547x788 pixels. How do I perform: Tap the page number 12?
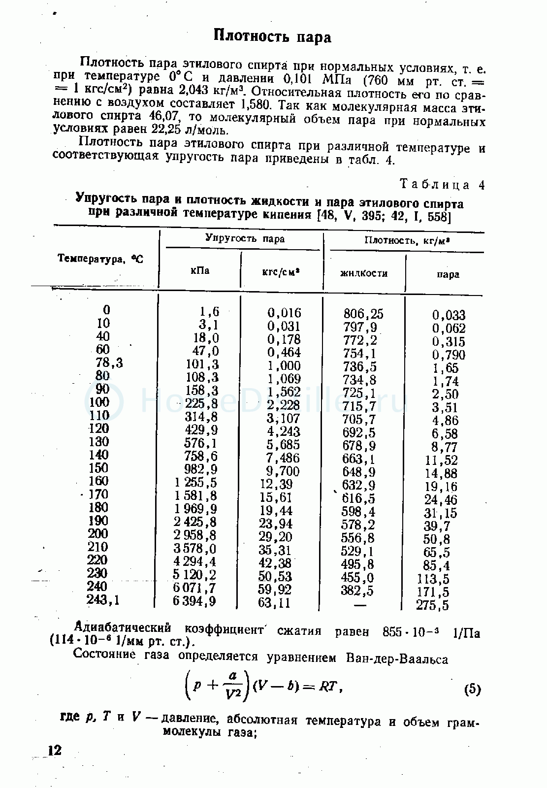pos(54,750)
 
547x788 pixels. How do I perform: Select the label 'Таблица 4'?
pos(442,185)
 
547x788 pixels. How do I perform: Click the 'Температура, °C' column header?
pos(100,258)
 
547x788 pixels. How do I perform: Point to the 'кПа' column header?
pos(199,270)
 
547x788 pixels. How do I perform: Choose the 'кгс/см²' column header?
pos(282,271)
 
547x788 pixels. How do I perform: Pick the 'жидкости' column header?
pos(364,273)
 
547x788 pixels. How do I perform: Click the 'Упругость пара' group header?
pos(245,239)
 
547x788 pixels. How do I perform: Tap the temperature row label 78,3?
pos(109,363)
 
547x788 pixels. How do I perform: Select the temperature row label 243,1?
pos(103,599)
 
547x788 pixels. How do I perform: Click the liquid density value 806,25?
pos(363,314)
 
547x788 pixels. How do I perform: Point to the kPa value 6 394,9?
pos(195,601)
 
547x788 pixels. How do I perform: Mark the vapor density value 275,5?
pos(432,605)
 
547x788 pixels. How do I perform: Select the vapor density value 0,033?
pos(449,315)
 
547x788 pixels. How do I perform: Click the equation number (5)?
pos(472,689)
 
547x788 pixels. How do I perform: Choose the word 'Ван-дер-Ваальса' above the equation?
pos(397,658)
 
